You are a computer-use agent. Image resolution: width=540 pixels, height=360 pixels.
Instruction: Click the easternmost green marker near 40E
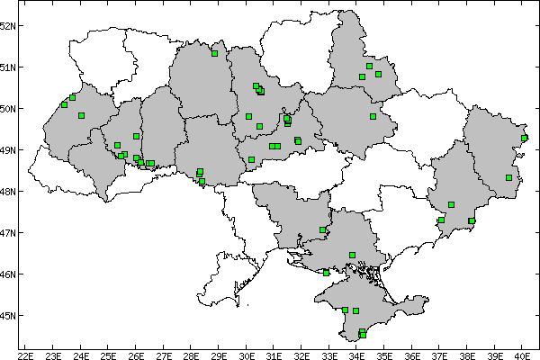(x=525, y=138)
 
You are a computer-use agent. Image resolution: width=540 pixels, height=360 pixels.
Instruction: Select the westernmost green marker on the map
(x=64, y=104)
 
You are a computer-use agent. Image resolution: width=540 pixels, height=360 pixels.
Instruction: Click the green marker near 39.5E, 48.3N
(x=508, y=177)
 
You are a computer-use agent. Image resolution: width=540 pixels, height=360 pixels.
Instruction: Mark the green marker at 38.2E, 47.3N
(x=472, y=220)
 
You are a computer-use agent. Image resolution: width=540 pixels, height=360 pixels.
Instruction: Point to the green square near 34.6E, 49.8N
(x=373, y=116)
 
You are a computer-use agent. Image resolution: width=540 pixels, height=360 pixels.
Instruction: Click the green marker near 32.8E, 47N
(x=322, y=229)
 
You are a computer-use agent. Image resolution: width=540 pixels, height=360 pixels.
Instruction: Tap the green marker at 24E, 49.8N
(x=81, y=115)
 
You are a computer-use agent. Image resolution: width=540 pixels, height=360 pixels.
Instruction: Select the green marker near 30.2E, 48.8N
(x=251, y=159)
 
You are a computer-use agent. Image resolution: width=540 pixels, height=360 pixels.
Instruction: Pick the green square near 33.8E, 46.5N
(x=352, y=255)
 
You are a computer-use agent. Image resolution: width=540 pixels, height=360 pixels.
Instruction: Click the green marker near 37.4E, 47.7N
(x=451, y=204)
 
